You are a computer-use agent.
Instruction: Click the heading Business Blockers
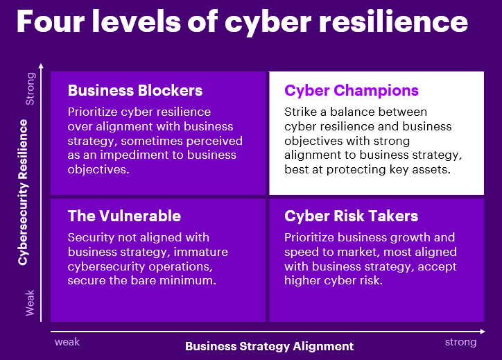coord(135,90)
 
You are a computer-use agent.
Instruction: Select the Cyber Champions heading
coord(352,90)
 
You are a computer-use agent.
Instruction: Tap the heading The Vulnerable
coord(124,216)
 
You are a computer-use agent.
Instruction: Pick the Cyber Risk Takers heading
coord(351,216)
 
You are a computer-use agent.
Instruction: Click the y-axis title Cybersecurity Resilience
coord(23,192)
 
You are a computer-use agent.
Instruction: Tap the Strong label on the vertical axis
coord(31,90)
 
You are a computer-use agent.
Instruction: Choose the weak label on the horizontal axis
coord(67,342)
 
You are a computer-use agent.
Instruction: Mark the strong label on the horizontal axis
coord(460,342)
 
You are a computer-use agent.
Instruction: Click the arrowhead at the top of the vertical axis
coord(42,66)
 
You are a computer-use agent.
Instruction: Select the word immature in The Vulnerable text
coord(200,252)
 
